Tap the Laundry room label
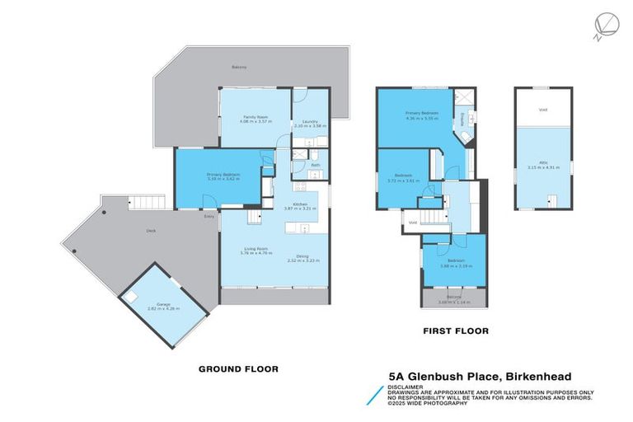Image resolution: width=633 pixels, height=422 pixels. (310, 122)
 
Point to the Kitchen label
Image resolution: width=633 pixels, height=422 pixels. (294, 205)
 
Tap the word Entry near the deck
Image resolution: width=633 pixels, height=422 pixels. (210, 217)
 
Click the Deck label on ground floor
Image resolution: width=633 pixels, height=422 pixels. (151, 232)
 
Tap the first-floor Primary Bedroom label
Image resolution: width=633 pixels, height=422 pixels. (421, 113)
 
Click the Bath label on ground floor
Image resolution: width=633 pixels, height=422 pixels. (315, 165)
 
